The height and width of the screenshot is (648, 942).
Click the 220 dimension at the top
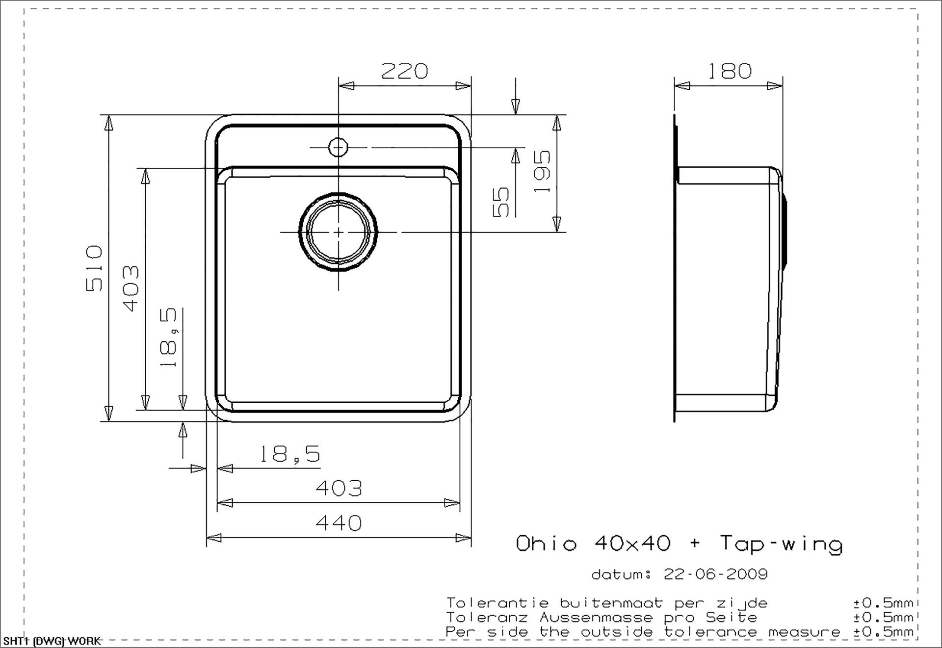(404, 71)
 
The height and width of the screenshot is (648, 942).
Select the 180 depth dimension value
(729, 71)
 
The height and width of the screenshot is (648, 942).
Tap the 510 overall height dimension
(94, 268)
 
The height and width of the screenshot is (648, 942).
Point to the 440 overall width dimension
(339, 523)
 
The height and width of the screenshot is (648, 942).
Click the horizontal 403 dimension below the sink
(339, 488)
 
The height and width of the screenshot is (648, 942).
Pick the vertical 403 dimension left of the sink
(131, 288)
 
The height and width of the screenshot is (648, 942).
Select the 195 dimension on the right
(542, 171)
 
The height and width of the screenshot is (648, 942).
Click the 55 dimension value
(500, 202)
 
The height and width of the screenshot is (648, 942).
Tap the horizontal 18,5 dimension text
(289, 454)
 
